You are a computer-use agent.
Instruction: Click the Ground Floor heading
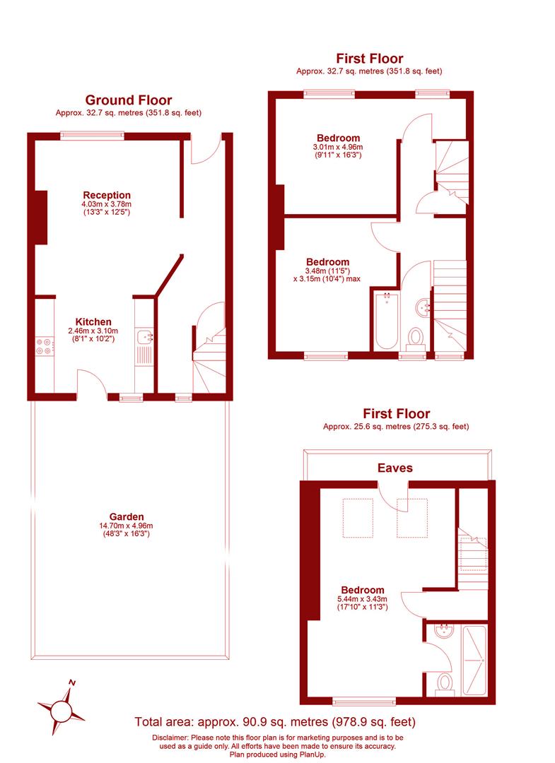pyautogui.click(x=128, y=100)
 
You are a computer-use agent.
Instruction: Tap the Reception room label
pyautogui.click(x=107, y=195)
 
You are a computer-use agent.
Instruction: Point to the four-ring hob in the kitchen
pyautogui.click(x=43, y=347)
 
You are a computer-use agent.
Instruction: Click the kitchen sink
pyautogui.click(x=144, y=337)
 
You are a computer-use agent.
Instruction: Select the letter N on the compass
pyautogui.click(x=71, y=682)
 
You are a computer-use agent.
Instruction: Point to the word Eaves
pyautogui.click(x=395, y=468)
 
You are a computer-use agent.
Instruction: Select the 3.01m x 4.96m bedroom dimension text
pyautogui.click(x=338, y=147)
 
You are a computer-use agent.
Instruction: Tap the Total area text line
pyautogui.click(x=275, y=722)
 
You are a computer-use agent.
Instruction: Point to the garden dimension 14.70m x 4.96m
pyautogui.click(x=127, y=526)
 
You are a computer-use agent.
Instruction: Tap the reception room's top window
pyautogui.click(x=92, y=136)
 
